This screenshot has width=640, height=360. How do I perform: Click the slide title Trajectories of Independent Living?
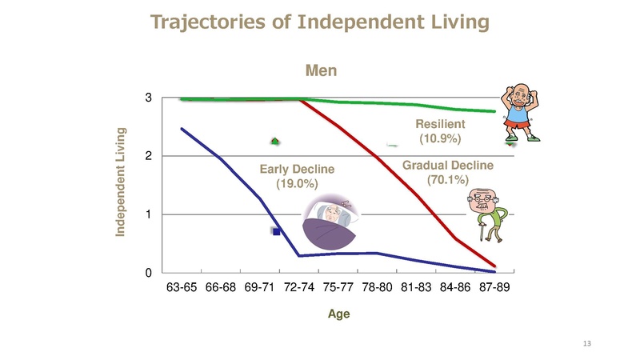tap(319, 22)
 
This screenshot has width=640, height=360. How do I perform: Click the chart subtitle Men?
tap(322, 70)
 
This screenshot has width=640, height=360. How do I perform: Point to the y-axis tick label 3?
tap(149, 98)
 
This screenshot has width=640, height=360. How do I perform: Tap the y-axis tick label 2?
tap(149, 157)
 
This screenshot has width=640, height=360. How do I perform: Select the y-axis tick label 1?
tap(149, 214)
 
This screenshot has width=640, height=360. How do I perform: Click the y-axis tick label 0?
tap(149, 273)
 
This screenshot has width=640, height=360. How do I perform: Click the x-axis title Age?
tap(338, 314)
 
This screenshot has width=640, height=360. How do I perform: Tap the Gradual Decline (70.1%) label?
tap(448, 172)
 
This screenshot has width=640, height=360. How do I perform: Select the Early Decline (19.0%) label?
tap(297, 176)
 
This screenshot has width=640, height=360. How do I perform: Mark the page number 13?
tap(587, 343)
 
